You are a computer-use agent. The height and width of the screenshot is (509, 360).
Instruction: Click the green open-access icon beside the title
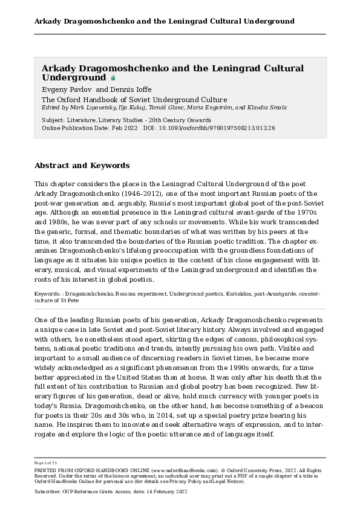point(113,78)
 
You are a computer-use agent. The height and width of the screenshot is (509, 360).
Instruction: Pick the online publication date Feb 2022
point(125,128)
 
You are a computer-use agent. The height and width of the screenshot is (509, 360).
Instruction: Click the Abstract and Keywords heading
point(82,165)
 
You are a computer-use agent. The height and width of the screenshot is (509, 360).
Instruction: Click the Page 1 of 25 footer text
point(47,462)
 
